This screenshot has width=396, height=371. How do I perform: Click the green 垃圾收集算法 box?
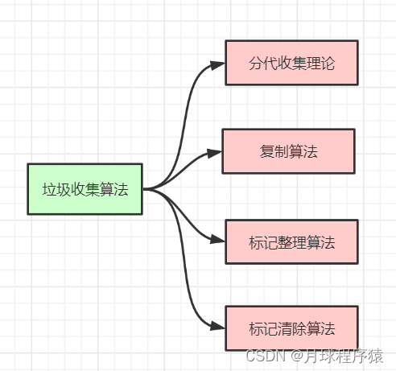[85, 189]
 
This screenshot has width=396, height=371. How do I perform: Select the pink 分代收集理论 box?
[291, 63]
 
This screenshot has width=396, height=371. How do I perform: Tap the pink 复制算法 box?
[288, 151]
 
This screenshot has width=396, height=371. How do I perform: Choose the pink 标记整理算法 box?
[291, 241]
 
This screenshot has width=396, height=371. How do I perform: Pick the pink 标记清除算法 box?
[291, 328]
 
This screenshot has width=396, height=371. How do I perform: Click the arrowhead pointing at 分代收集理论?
[218, 64]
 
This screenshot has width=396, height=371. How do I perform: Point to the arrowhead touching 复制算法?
[215, 151]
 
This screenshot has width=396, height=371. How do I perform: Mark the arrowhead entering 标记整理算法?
[218, 240]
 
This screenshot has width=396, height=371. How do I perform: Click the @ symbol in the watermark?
[295, 355]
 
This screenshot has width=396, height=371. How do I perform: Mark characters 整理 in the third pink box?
[291, 241]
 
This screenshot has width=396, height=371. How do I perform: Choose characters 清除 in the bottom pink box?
[291, 329]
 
